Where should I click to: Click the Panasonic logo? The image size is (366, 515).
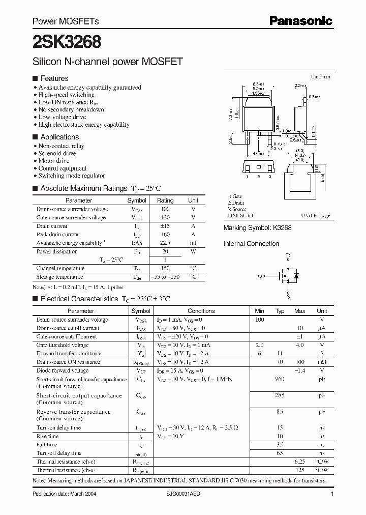(x=300, y=21)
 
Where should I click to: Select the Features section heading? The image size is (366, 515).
(x=54, y=78)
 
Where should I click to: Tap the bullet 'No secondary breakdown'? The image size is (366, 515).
(x=71, y=109)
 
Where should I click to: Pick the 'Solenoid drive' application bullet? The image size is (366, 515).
(x=57, y=153)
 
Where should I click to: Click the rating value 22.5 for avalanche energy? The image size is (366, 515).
(x=165, y=243)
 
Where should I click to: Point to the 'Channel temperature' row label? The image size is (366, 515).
(x=60, y=268)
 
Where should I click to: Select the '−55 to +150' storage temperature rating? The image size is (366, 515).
(x=165, y=277)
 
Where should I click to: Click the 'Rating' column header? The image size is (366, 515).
(x=165, y=201)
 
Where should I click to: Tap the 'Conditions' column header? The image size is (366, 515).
(x=201, y=311)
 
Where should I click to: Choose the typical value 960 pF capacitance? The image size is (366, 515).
(x=280, y=379)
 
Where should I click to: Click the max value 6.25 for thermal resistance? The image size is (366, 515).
(x=300, y=462)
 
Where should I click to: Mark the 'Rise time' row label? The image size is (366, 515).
(x=47, y=436)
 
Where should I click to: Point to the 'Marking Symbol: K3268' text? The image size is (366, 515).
(x=257, y=228)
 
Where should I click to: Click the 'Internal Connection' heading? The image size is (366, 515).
(x=251, y=244)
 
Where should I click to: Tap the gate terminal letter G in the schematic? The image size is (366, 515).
(x=261, y=276)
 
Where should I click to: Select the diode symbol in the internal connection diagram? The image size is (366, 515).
(x=296, y=276)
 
